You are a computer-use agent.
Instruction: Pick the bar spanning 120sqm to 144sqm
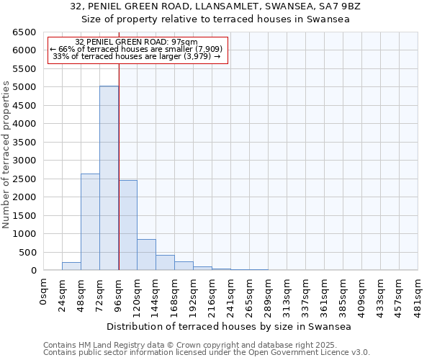click(146, 255)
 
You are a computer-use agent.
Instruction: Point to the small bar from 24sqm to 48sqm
click(71, 266)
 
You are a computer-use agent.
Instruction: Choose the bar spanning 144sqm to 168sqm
click(165, 263)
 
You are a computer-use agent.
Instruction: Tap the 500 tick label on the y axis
click(27, 252)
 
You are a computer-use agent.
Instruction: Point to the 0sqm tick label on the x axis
click(43, 291)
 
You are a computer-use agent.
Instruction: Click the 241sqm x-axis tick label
click(230, 294)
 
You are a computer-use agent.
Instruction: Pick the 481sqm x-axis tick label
click(418, 294)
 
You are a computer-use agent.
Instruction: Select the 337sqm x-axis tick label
click(305, 294)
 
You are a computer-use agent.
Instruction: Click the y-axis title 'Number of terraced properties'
click(7, 155)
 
